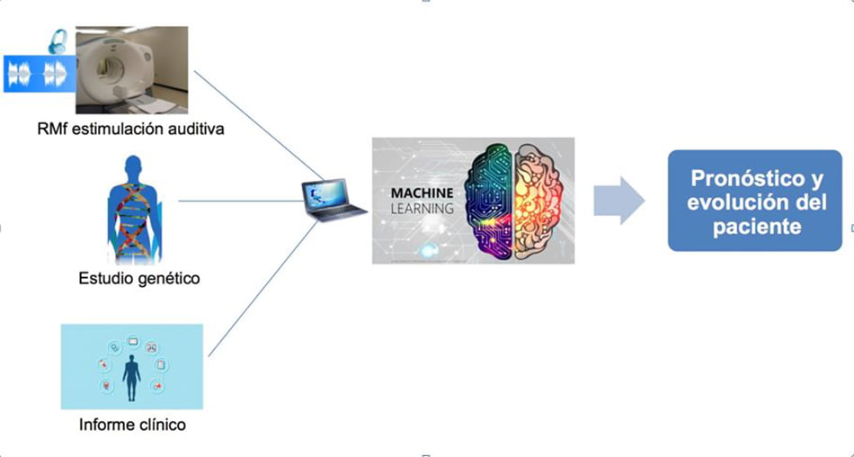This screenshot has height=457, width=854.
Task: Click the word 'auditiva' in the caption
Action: pyautogui.click(x=192, y=130)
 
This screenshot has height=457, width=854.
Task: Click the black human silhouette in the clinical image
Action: pyautogui.click(x=132, y=378)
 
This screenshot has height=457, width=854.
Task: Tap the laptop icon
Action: pyautogui.click(x=333, y=199)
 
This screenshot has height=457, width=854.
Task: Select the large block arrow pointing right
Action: pyautogui.click(x=619, y=200)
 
